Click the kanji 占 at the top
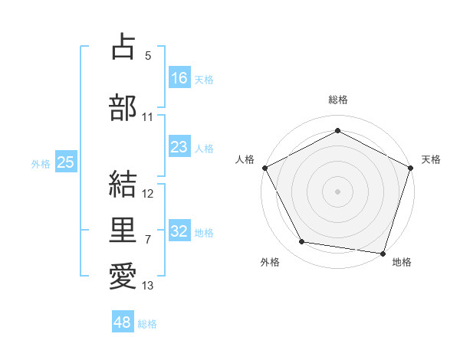coord(123,47)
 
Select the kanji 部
coord(123,107)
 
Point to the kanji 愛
coord(123,276)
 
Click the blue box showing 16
coord(179,77)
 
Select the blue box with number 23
coord(179,147)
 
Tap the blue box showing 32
coord(179,231)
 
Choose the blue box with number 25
coord(65,162)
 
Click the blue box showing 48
coord(123,322)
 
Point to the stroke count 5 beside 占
coord(147,56)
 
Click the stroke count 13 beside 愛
coord(148,286)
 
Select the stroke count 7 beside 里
coord(147,240)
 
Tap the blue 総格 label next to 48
coord(147,324)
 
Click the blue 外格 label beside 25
coord(41,163)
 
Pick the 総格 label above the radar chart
coord(337,100)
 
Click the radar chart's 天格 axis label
coord(431,159)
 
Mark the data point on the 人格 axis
coord(264,167)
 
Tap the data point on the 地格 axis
coord(383,253)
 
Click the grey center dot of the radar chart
coord(337,191)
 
